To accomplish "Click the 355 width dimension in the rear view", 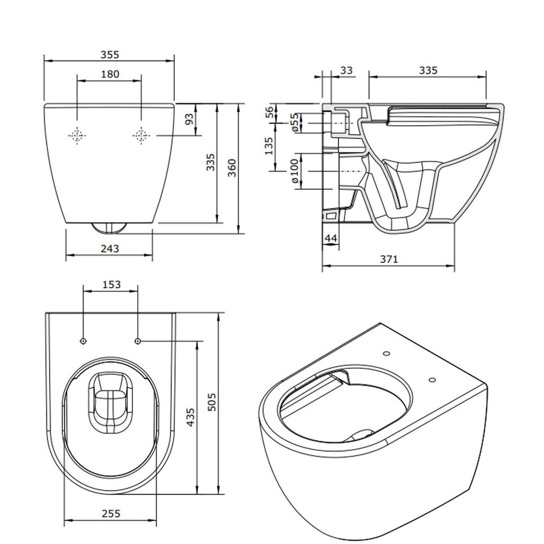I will (x=110, y=54).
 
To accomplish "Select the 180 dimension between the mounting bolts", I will (x=109, y=74).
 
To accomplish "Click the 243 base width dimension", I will (x=109, y=248).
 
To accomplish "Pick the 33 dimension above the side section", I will (x=346, y=71).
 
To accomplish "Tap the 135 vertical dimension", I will (x=269, y=146).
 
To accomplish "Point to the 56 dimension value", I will (x=269, y=112).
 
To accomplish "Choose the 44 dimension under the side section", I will (x=330, y=239).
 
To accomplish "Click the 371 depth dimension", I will (x=388, y=259).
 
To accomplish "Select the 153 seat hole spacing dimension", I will (x=111, y=283).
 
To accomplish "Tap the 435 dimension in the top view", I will (x=191, y=418).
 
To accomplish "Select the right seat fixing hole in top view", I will (x=138, y=342).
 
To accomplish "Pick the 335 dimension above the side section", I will (x=428, y=71).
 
